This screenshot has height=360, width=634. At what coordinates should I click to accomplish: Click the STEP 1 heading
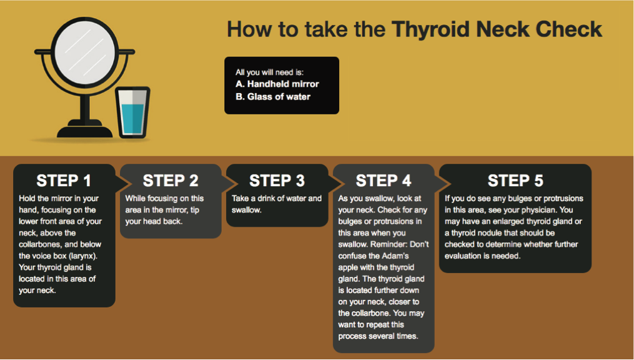pos(64,181)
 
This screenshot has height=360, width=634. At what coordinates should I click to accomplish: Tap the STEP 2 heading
pos(171,181)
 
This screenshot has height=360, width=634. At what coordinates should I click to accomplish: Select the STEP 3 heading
pos(277,181)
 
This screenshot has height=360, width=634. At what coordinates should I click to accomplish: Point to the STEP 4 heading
pos(384,181)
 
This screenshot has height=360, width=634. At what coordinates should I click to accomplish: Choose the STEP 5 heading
pos(515,181)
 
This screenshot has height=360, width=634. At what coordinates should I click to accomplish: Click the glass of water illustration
pos(132,112)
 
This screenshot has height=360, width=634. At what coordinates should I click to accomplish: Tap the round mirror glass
pos(85,51)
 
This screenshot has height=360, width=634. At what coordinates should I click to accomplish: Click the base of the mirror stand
pos(85,130)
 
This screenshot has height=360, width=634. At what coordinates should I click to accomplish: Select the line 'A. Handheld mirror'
pos(277,84)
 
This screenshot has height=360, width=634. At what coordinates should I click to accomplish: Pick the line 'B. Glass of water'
pos(273,97)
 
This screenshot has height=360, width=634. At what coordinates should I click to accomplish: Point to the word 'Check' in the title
pos(568,29)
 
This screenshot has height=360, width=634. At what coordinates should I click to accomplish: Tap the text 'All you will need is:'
pos(269,72)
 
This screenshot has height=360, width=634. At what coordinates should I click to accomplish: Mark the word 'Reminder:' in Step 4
pos(387,244)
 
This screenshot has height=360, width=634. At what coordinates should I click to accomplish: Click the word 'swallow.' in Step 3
pos(247,210)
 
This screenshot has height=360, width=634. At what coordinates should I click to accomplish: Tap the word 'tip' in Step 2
pos(195,210)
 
